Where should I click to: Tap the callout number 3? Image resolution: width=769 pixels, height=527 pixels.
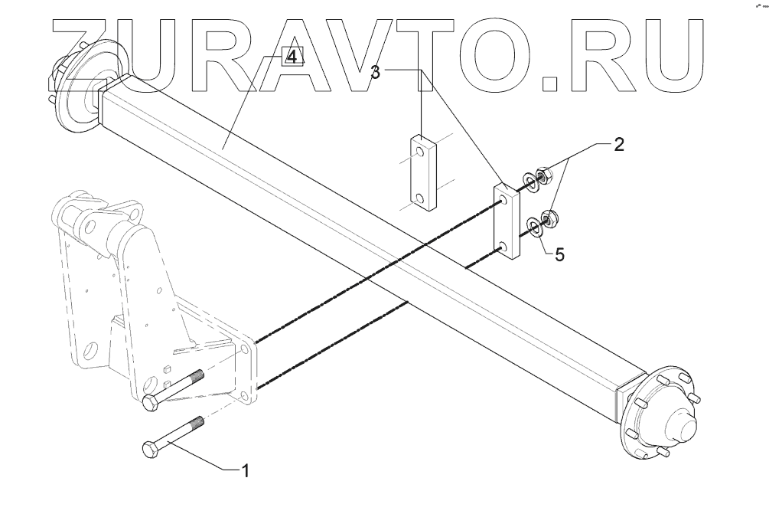[375, 73]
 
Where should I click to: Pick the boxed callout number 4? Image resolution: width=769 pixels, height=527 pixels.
[292, 57]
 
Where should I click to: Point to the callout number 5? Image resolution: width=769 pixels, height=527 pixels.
[559, 255]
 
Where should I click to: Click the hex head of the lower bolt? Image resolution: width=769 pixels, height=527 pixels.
[151, 451]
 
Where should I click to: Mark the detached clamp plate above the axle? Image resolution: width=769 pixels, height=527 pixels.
[421, 172]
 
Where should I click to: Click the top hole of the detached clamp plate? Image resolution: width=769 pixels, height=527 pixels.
[421, 152]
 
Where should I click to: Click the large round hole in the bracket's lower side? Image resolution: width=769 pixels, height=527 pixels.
[92, 355]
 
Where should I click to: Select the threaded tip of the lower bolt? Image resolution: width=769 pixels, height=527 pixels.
[198, 422]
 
